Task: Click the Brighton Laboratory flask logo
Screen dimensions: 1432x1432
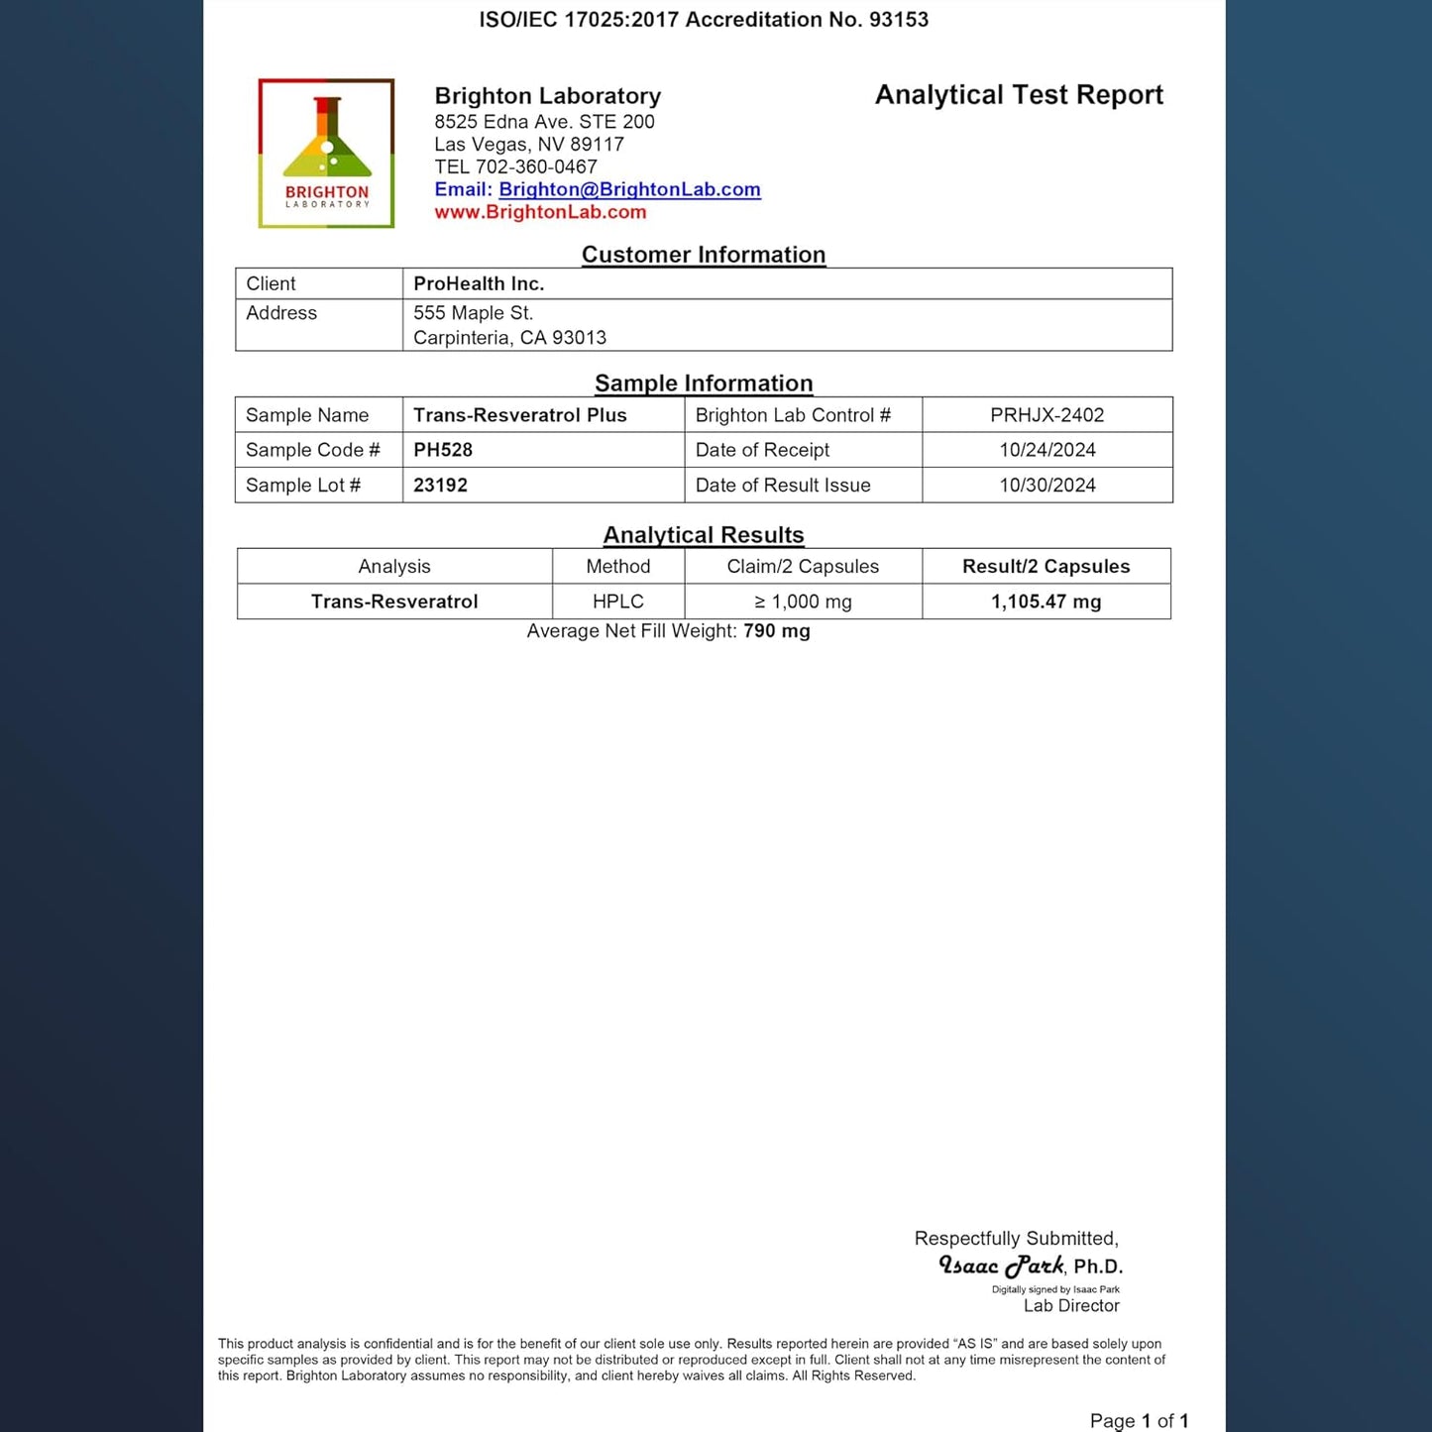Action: (x=326, y=153)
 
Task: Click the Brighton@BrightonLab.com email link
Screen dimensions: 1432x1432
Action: (x=629, y=189)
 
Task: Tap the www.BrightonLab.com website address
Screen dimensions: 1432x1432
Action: (x=540, y=212)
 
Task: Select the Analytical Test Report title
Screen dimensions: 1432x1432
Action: (x=1018, y=95)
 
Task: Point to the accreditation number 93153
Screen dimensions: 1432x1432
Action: (x=898, y=20)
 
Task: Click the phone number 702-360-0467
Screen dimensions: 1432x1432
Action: (x=536, y=166)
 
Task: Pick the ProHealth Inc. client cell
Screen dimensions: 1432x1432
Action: (x=479, y=283)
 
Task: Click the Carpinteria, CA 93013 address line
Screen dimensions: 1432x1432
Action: (x=509, y=338)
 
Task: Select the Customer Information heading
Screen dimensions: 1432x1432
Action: (x=703, y=255)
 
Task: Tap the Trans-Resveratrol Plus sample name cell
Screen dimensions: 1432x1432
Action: (x=519, y=415)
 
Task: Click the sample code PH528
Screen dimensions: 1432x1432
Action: (x=443, y=450)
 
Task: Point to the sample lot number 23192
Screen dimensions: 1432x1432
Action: (x=440, y=486)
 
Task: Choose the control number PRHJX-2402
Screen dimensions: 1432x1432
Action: (x=1046, y=415)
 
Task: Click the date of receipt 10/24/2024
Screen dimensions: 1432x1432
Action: (x=1046, y=450)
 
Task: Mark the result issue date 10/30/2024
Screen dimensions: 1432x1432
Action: (x=1046, y=486)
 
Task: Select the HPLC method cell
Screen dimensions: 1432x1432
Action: (x=617, y=602)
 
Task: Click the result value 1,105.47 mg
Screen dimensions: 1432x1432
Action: (x=1046, y=602)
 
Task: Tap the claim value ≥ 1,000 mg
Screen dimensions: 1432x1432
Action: (x=803, y=602)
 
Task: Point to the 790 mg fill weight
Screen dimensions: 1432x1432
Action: (x=776, y=631)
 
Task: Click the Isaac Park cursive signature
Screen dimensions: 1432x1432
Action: (x=1001, y=1267)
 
